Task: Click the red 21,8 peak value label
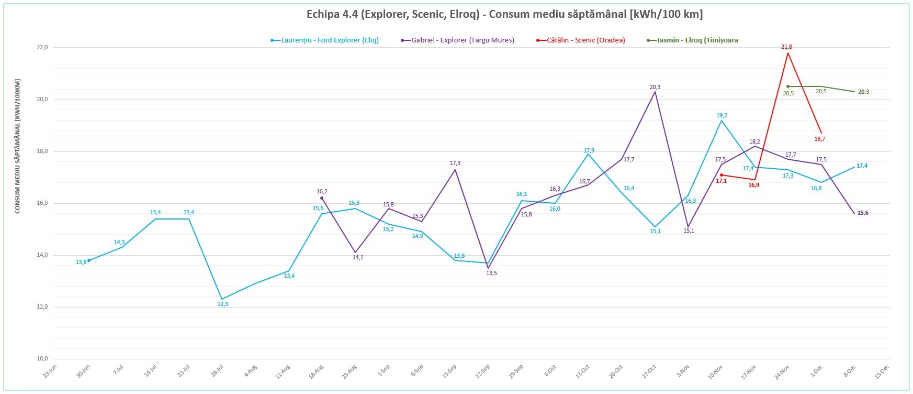786,47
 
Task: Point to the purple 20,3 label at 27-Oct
655,87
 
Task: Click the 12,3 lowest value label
223,304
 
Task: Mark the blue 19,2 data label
722,116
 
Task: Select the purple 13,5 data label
491,273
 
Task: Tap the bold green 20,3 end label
863,92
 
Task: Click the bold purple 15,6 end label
863,213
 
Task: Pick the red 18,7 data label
819,139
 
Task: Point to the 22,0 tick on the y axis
42,48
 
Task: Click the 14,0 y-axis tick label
42,255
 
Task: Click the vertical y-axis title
17,146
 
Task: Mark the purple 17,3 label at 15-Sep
455,163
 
